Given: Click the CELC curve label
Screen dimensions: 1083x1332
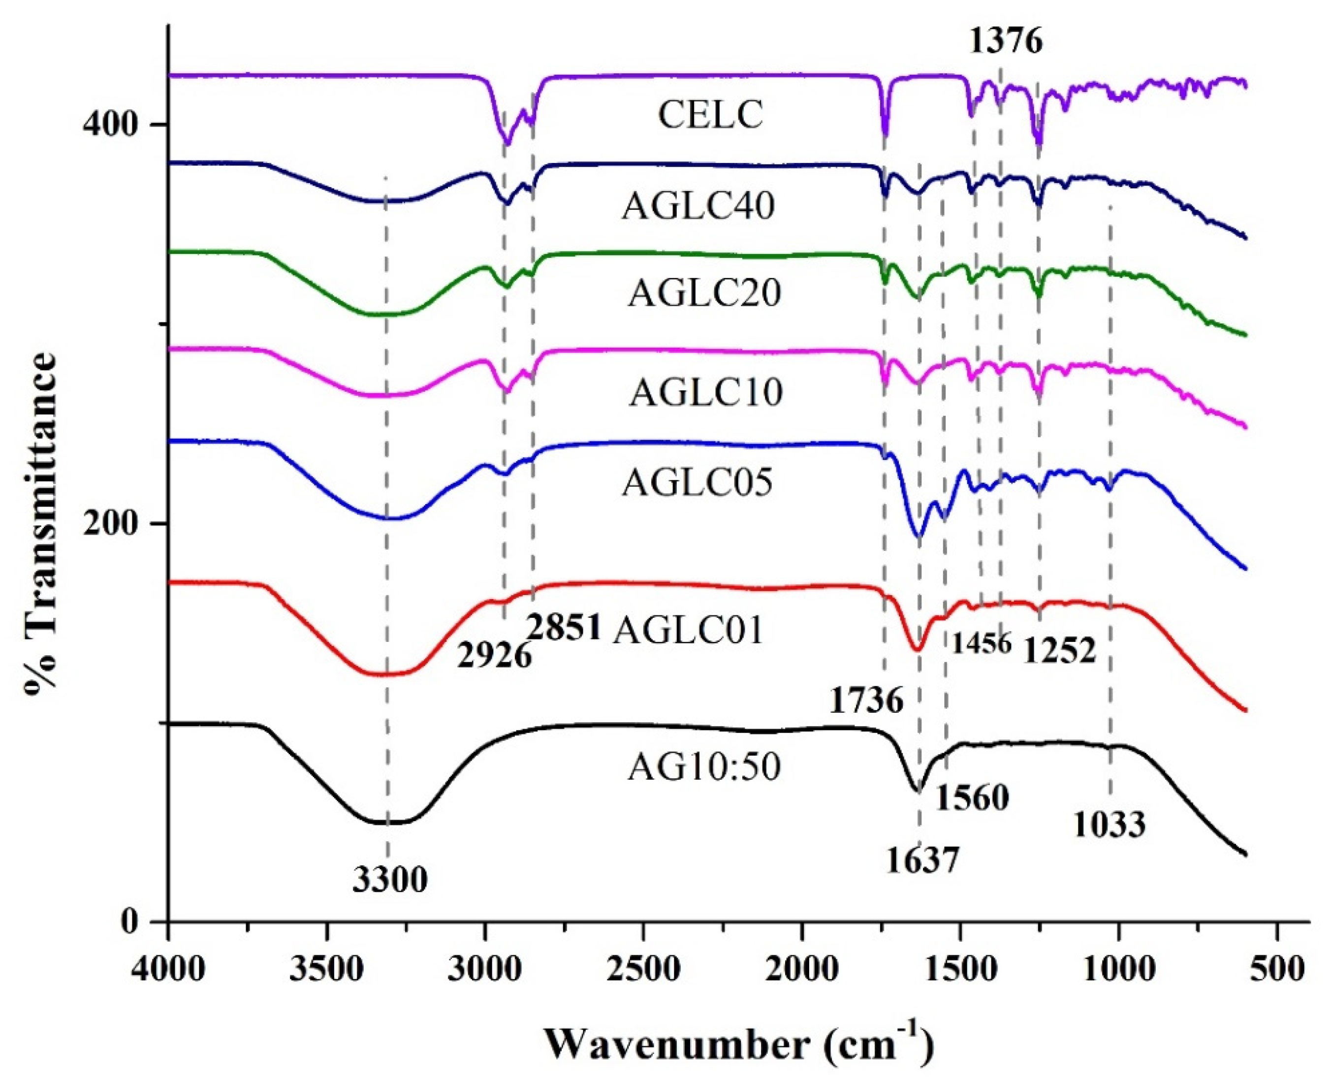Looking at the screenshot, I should click(711, 115).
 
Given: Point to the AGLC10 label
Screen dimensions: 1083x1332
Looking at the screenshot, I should click(705, 392).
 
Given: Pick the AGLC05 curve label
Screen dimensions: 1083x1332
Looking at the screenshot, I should click(698, 482).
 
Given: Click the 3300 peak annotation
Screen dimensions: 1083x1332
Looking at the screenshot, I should click(390, 880).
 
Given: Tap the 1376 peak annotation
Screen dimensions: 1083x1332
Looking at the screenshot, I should click(1006, 42).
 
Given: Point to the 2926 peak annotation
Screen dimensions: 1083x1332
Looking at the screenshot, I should click(494, 656).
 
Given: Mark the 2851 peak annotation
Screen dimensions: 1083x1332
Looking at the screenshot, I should click(563, 627).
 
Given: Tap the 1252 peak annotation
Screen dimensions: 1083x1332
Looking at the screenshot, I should click(1059, 651).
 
